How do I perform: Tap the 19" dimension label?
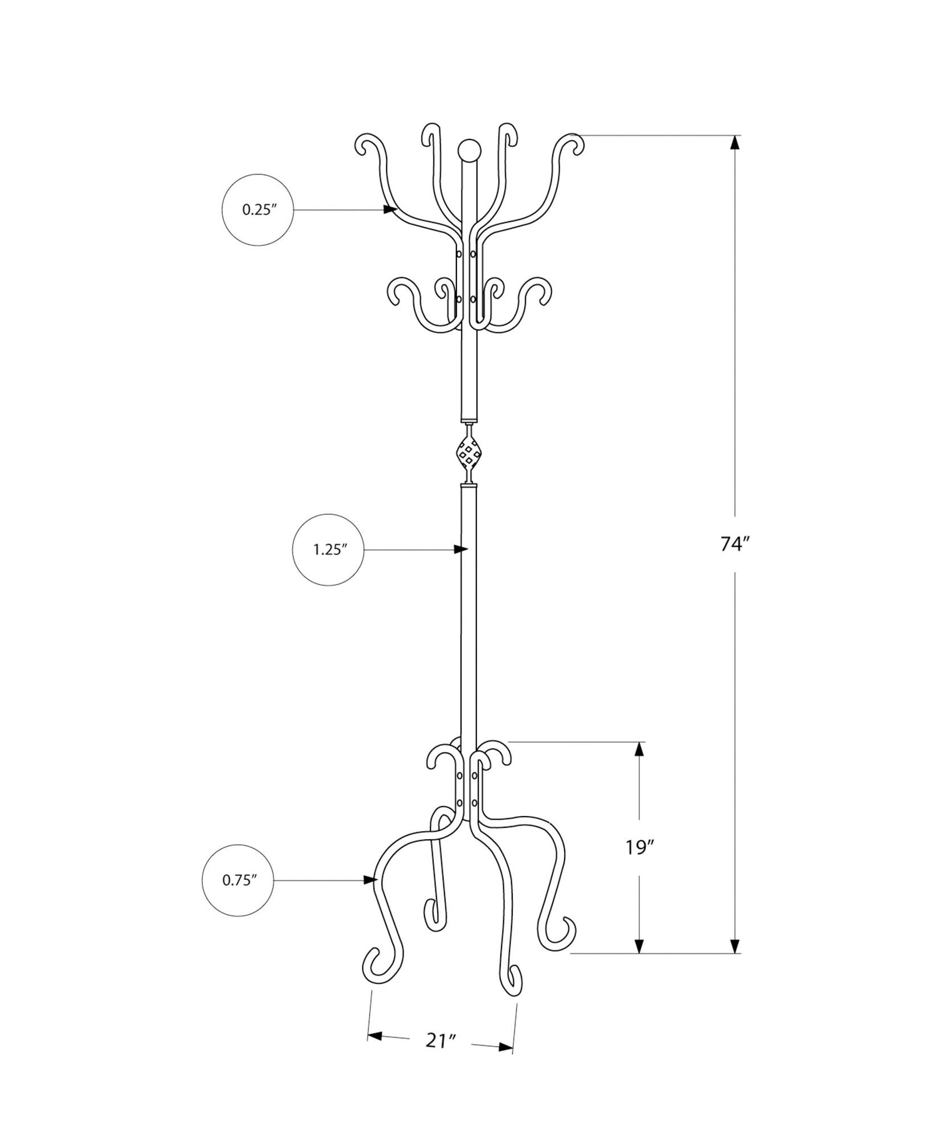pyautogui.click(x=640, y=847)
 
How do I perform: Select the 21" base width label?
pyautogui.click(x=441, y=1041)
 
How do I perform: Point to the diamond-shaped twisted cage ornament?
pyautogui.click(x=469, y=453)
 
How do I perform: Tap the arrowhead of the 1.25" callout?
pyautogui.click(x=461, y=550)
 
